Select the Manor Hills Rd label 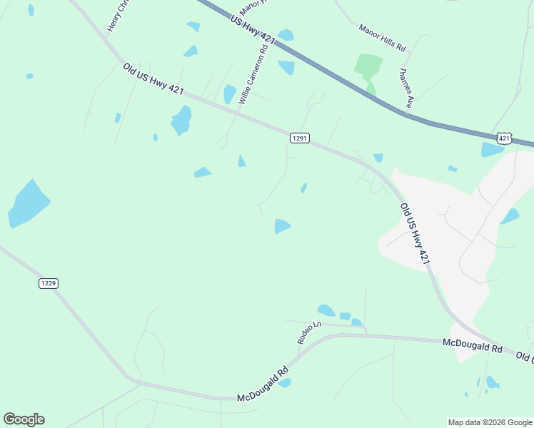pos(382,39)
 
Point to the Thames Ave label pos(405,88)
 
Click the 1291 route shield pos(300,138)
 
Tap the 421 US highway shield pos(505,138)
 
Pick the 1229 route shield pos(48,283)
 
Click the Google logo pos(24,419)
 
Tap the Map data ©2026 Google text pos(489,422)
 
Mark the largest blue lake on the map pos(28,204)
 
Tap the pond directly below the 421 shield pos(492,150)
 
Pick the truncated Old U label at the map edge pos(525,357)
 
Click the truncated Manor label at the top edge pos(253,7)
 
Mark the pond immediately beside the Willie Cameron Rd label pos(229,94)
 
